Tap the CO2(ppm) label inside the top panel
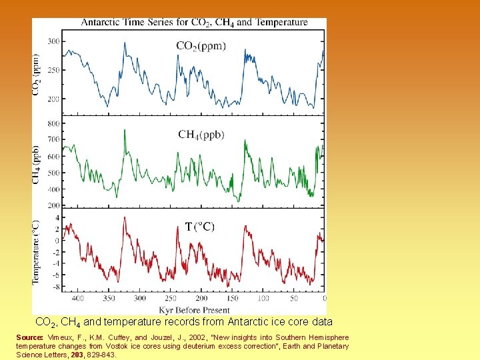(x=201, y=46)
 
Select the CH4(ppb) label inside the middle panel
(x=201, y=135)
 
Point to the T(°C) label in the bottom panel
(x=199, y=227)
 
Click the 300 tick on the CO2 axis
(x=53, y=41)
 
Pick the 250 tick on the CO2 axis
(x=53, y=70)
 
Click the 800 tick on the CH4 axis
(x=53, y=123)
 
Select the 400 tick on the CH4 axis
(x=53, y=189)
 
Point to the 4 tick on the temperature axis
(x=57, y=218)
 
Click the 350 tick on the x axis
(x=109, y=299)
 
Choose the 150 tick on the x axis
(x=233, y=299)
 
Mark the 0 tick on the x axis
(x=325, y=299)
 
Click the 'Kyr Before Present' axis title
(x=194, y=309)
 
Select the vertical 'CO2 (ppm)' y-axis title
(x=37, y=75)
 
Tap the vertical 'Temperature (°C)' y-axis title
(x=37, y=252)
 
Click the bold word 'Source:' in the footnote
(x=29, y=338)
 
